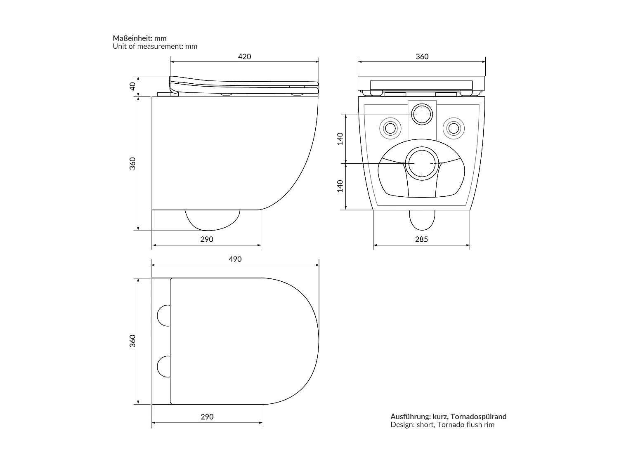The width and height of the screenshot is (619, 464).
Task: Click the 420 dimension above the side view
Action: [245, 57]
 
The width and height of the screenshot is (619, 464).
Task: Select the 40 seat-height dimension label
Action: [132, 86]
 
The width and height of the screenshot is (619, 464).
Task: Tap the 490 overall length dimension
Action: [235, 259]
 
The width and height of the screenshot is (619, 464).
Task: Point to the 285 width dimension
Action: [421, 239]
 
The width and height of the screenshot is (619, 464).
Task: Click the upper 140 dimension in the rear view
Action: [340, 139]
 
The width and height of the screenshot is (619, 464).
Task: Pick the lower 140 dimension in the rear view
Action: [340, 186]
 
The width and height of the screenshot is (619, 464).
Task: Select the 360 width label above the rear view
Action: [422, 57]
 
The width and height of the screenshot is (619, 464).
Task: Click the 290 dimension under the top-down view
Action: [207, 417]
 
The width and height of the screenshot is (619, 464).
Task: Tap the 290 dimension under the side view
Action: [206, 239]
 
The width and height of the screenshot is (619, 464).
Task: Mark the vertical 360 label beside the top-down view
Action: [132, 341]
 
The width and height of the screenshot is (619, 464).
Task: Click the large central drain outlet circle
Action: [422, 163]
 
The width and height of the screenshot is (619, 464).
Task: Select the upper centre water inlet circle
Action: [422, 113]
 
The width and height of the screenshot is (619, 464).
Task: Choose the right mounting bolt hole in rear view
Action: [454, 128]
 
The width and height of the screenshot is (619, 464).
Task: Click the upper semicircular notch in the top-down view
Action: [164, 316]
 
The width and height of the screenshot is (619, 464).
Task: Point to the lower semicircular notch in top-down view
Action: [164, 366]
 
